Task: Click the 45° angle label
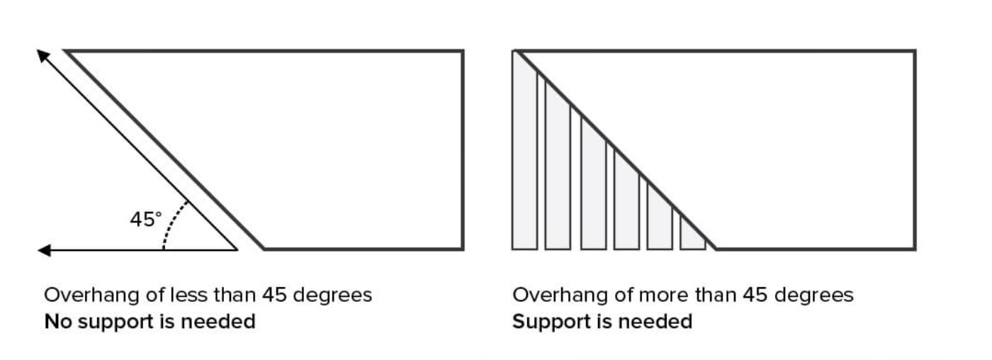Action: coord(145,220)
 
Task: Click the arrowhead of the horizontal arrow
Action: coord(44,249)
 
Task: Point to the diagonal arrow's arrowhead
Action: coord(43,55)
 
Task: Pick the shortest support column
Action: coord(692,234)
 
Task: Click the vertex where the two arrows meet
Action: coord(236,249)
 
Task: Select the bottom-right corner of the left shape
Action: coord(463,249)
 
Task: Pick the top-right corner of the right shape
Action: coord(915,51)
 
